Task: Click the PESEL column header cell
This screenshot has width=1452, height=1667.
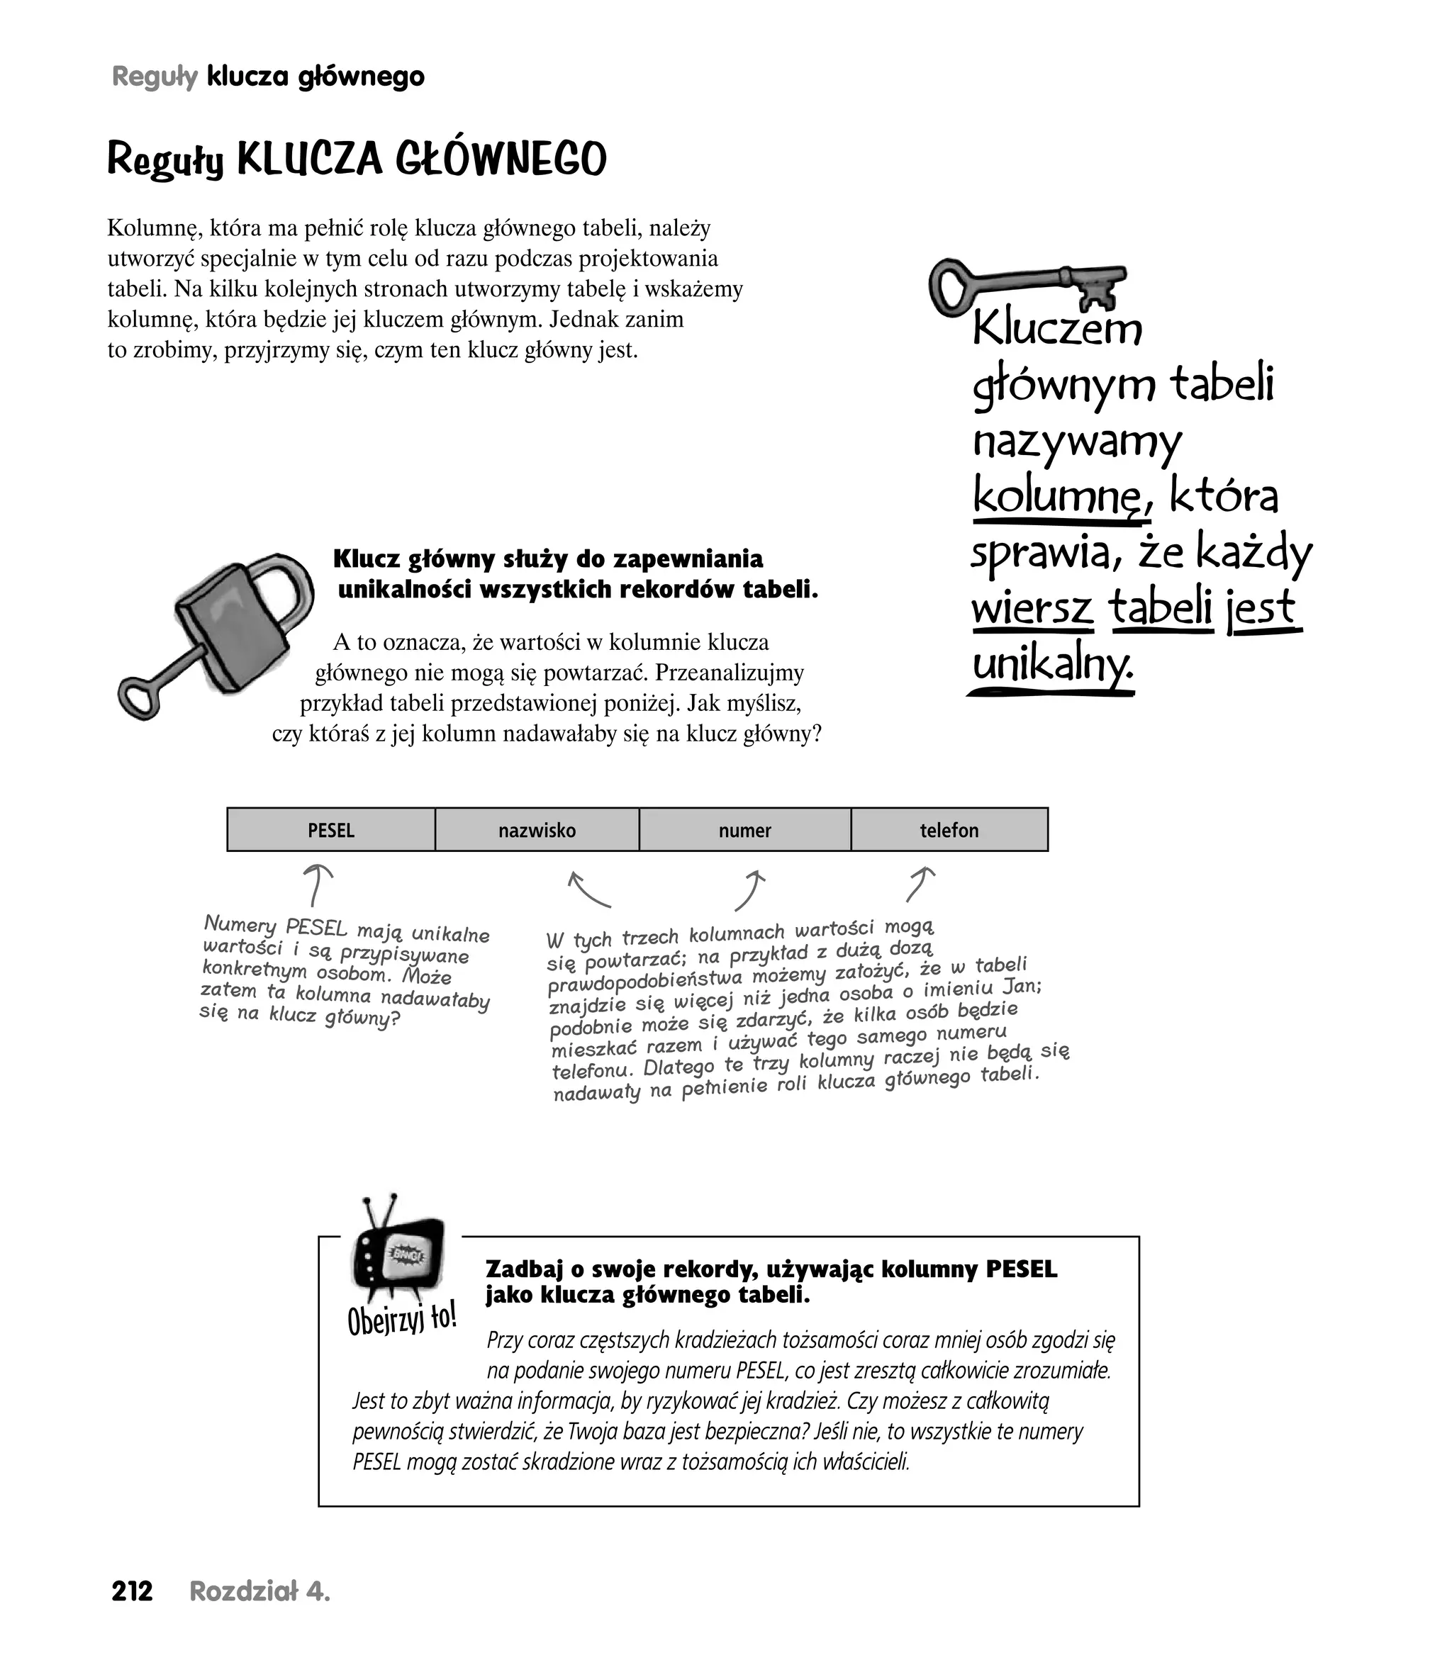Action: pos(330,829)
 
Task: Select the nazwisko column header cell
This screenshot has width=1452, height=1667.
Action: pos(537,829)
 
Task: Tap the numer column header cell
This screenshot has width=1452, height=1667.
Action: pos(744,829)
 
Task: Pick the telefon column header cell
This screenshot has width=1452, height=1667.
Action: pos(949,829)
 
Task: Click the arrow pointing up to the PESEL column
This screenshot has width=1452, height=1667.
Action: pos(316,885)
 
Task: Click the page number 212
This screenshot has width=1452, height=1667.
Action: pos(132,1592)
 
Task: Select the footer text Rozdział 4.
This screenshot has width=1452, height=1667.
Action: pos(259,1592)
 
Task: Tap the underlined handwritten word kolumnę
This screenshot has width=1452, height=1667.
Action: pos(1059,495)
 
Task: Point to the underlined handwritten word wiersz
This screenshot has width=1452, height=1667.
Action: pos(1032,607)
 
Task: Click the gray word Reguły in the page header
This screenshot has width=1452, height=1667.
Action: pos(155,77)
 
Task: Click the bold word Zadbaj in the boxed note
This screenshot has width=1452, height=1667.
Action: pos(523,1269)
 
